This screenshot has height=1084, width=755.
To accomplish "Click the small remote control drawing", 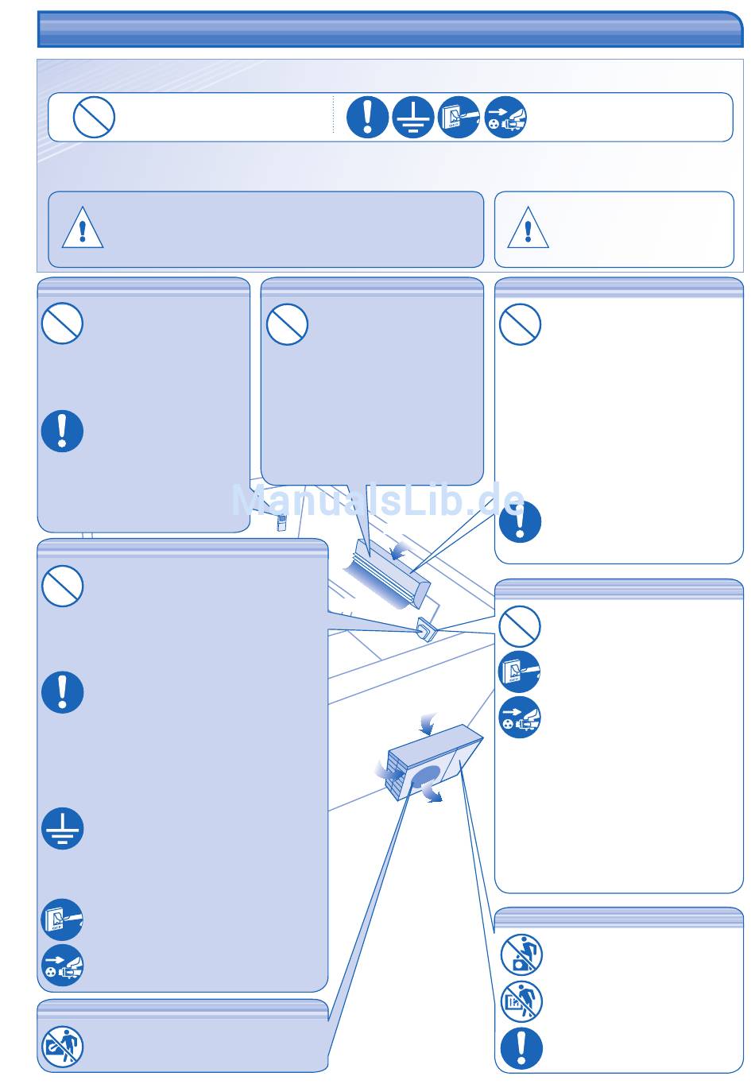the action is [281, 523].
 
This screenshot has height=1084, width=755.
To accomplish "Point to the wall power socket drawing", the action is [426, 629].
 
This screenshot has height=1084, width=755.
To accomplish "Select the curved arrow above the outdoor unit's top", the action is [428, 724].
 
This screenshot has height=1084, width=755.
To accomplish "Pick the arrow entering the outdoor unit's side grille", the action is [388, 771].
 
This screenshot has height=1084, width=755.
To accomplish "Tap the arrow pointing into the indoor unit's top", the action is [400, 551].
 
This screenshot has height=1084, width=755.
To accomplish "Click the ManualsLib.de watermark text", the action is [378, 499].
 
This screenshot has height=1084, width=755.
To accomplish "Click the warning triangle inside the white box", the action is [528, 228].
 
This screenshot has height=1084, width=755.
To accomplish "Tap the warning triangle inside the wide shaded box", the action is [83, 228].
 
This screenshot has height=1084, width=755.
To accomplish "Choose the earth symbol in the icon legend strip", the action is [412, 117].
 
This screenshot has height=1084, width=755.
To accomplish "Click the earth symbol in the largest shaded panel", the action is [63, 828].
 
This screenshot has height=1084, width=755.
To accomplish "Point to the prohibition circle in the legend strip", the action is [94, 117].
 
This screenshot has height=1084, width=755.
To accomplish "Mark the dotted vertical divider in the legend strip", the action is [334, 114].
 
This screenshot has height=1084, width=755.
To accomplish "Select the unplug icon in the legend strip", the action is [505, 117].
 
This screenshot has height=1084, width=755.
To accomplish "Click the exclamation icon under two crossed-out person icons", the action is [521, 1049].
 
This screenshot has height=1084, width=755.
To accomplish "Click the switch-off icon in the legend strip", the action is [459, 117].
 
